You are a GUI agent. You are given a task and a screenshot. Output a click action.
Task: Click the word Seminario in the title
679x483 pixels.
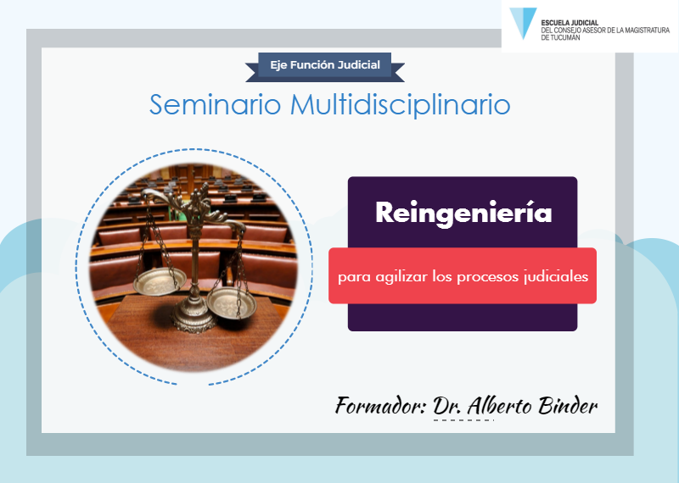[x=216, y=104]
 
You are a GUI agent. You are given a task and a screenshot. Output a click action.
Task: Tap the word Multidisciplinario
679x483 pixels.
[x=400, y=104]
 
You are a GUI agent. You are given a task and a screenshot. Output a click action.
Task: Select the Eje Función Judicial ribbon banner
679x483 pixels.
[x=325, y=67]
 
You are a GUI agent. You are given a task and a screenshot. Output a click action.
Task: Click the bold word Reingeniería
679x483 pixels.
[x=463, y=213]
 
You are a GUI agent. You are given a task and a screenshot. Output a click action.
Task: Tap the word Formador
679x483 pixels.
[x=380, y=406]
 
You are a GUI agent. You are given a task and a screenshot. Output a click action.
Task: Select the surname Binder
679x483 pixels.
[x=568, y=406]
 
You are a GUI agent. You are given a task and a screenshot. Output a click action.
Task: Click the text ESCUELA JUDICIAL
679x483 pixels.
[x=570, y=23]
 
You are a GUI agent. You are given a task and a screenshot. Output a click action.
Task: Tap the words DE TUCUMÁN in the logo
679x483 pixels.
[x=560, y=37]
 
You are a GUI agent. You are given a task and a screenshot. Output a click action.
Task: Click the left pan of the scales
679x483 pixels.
[x=160, y=281]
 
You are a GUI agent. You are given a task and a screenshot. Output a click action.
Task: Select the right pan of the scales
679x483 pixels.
[x=232, y=303]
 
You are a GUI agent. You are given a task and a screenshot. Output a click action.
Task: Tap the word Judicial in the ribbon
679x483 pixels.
[x=358, y=65]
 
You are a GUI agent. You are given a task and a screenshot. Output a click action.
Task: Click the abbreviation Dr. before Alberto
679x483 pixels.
[x=448, y=406]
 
